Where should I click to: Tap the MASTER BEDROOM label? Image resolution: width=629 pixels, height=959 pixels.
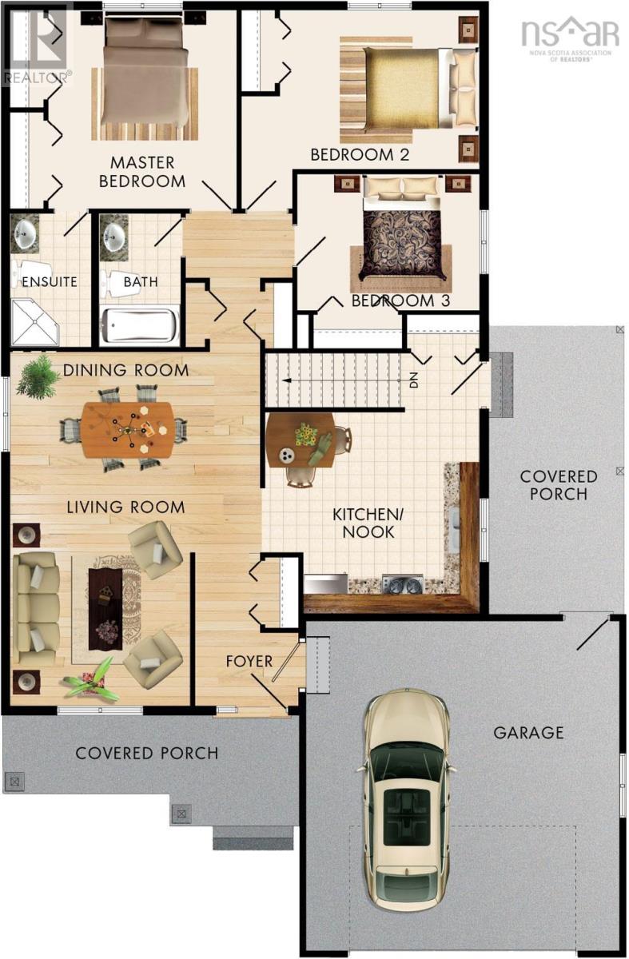pyautogui.click(x=142, y=172)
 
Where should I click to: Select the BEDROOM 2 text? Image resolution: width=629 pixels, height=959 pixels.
pyautogui.click(x=360, y=154)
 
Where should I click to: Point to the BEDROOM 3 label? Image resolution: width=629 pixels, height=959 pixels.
pyautogui.click(x=400, y=300)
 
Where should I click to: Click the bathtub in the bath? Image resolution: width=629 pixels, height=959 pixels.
pyautogui.click(x=140, y=325)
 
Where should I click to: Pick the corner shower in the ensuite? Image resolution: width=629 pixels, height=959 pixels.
pyautogui.click(x=35, y=322)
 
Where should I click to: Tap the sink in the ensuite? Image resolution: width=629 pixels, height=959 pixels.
pyautogui.click(x=24, y=235)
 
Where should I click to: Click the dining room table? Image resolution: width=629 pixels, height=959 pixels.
pyautogui.click(x=128, y=430)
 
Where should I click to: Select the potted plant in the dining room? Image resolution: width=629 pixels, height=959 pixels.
pyautogui.click(x=38, y=376)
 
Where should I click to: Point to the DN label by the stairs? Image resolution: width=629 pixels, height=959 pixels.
pyautogui.click(x=414, y=380)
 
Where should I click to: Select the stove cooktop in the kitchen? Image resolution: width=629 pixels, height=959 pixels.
pyautogui.click(x=403, y=585)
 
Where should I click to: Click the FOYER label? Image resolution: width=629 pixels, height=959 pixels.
pyautogui.click(x=249, y=661)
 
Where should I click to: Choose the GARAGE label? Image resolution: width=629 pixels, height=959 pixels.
pyautogui.click(x=528, y=733)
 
